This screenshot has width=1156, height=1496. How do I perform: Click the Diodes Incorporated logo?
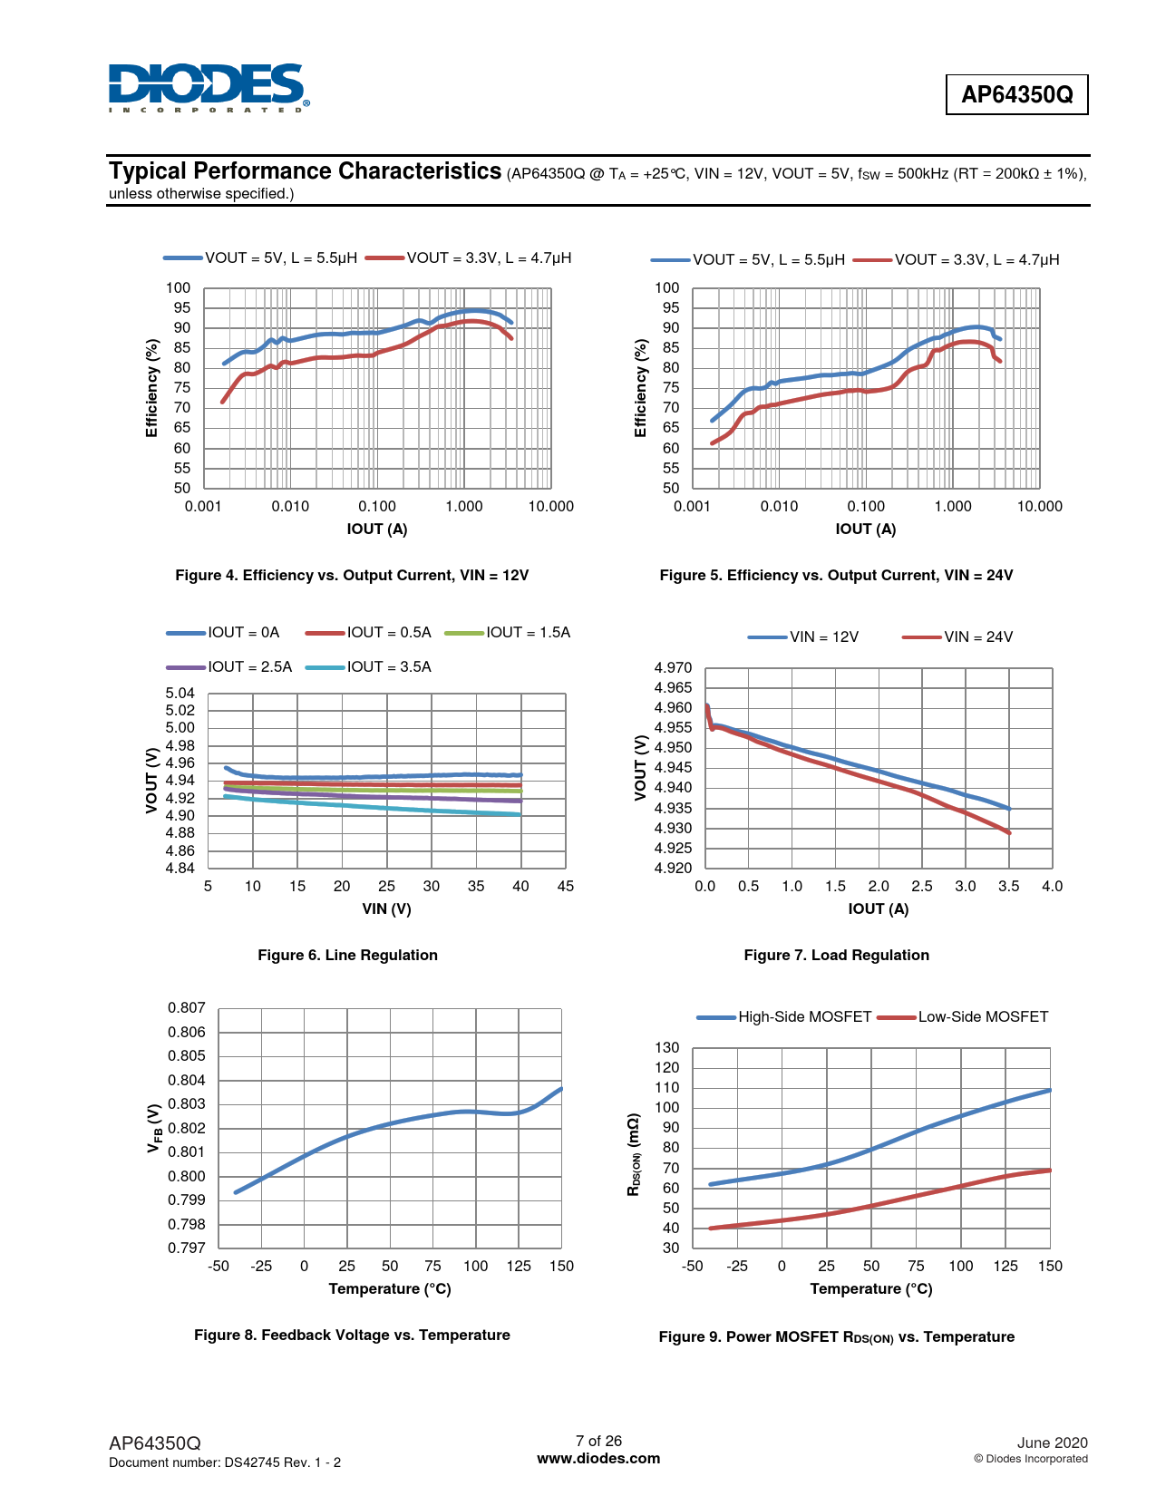(208, 88)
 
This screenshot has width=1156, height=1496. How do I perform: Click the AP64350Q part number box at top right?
(1016, 94)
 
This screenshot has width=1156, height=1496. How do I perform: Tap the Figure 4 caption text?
(352, 576)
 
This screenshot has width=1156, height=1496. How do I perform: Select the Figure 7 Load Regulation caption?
(836, 956)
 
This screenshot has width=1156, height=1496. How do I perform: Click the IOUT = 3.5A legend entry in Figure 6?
(370, 667)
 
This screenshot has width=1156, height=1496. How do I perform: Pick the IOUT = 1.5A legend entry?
(509, 633)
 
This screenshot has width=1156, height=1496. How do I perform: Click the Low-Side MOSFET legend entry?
(964, 1017)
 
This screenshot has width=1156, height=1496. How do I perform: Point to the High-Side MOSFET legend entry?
(784, 1017)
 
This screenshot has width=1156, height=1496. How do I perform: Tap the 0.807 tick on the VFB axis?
(187, 1008)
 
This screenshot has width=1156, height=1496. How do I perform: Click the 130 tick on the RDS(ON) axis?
(667, 1048)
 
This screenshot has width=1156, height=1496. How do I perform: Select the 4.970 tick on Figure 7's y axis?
(673, 668)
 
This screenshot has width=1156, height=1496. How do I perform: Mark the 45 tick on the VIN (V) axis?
(566, 887)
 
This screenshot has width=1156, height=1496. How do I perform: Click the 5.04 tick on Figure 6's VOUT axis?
(180, 694)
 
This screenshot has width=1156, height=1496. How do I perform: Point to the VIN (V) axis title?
(387, 909)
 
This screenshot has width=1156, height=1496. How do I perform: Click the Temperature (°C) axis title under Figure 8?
(390, 1289)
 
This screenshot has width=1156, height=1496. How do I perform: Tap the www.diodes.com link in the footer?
(598, 1459)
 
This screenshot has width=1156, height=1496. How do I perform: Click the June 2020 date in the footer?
(1052, 1443)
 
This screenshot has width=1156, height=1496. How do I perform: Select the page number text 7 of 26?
(598, 1442)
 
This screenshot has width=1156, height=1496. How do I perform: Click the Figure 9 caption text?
(836, 1337)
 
